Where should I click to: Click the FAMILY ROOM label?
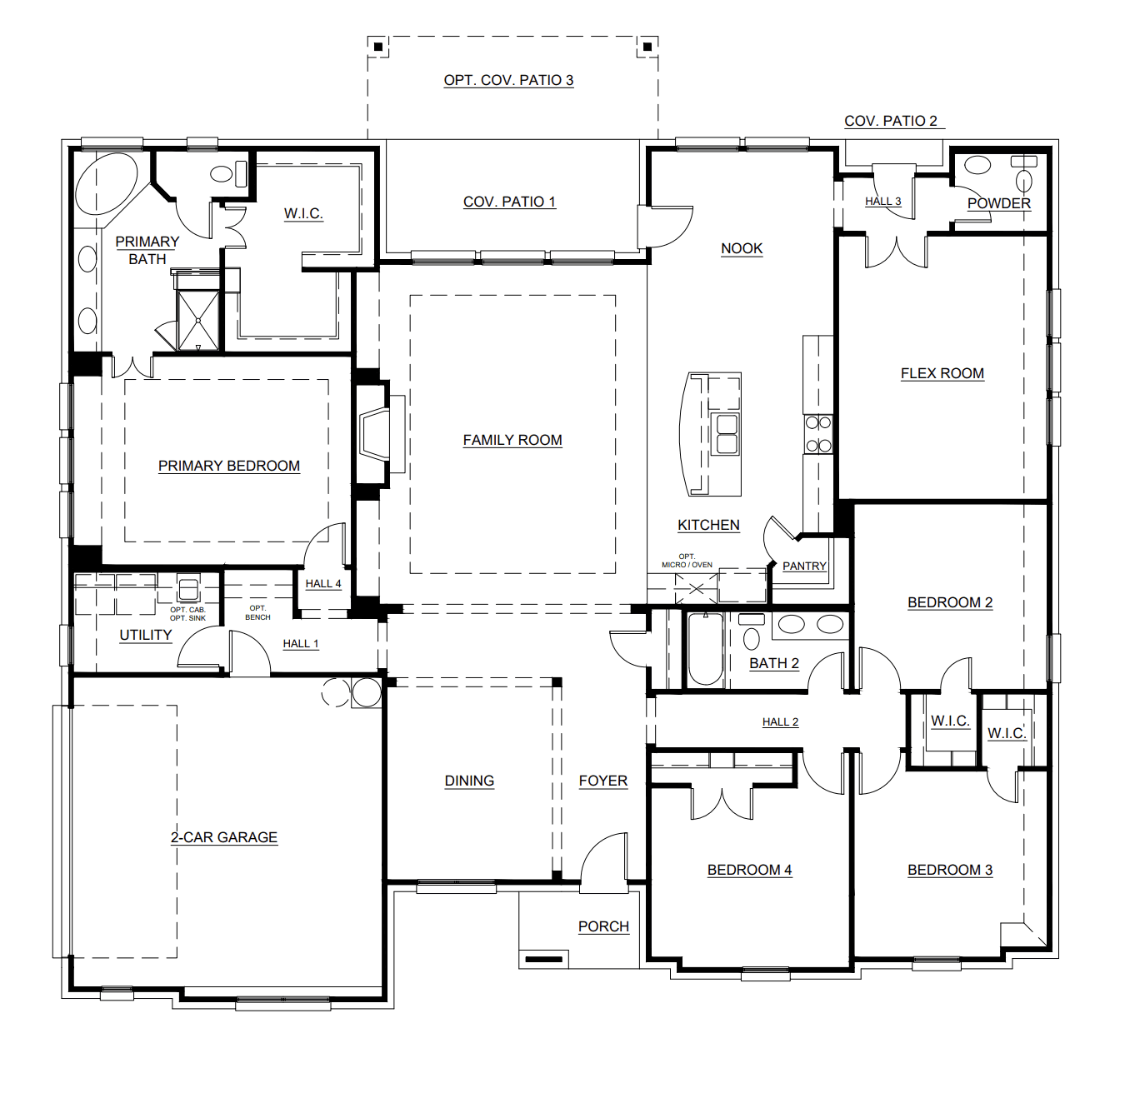coord(512,440)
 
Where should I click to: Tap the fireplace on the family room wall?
coord(375,433)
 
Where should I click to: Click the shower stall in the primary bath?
coord(198,321)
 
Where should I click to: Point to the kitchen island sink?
coord(727,433)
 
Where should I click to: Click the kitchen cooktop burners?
coord(818,434)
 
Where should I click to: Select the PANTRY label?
coord(804,566)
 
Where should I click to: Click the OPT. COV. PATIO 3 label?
coord(508,80)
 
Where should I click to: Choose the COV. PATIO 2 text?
coord(891,121)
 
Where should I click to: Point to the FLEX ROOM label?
coord(942,373)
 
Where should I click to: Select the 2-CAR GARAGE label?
coord(224,837)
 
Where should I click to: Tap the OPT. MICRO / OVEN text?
coord(687,561)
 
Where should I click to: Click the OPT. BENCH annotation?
coord(257,612)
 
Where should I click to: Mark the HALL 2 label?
coord(780,722)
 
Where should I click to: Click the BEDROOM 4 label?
coord(749,870)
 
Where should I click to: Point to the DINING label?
coord(469,781)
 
